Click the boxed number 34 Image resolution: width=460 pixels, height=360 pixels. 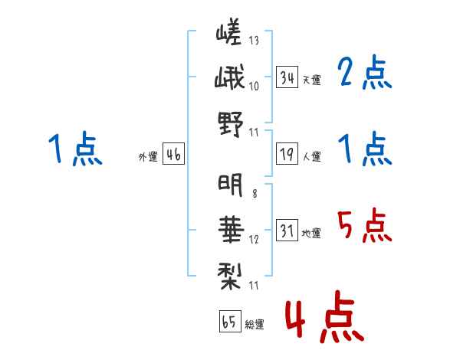pyautogui.click(x=287, y=77)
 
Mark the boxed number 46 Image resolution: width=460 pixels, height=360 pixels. pyautogui.click(x=173, y=155)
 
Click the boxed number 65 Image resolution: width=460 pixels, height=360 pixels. pyautogui.click(x=229, y=322)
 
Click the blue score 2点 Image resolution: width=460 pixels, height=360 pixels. pyautogui.click(x=364, y=74)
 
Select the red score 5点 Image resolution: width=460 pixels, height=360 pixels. pyautogui.click(x=364, y=225)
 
